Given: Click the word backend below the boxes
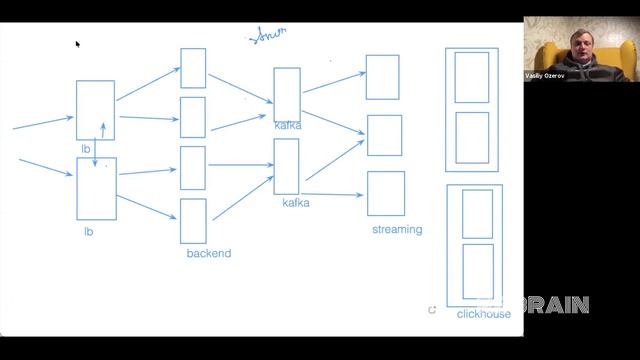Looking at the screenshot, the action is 208,253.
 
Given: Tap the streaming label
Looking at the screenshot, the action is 397,229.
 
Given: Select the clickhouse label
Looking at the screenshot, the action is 483,314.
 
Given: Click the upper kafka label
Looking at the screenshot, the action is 288,125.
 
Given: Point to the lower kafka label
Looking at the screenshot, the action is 296,203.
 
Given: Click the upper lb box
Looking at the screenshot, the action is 95,110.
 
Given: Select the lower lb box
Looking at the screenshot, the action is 96,188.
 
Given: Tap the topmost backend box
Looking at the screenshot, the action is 193,68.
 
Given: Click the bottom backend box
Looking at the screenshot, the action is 193,220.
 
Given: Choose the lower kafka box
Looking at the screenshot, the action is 286,166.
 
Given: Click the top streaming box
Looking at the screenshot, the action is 382,77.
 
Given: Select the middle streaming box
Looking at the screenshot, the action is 384,135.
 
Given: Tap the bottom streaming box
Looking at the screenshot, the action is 385,193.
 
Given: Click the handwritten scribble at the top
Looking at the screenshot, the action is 267,35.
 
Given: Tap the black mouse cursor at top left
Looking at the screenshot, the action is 77,43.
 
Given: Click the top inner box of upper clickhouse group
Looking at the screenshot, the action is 472,77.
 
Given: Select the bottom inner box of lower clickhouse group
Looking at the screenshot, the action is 477,271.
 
